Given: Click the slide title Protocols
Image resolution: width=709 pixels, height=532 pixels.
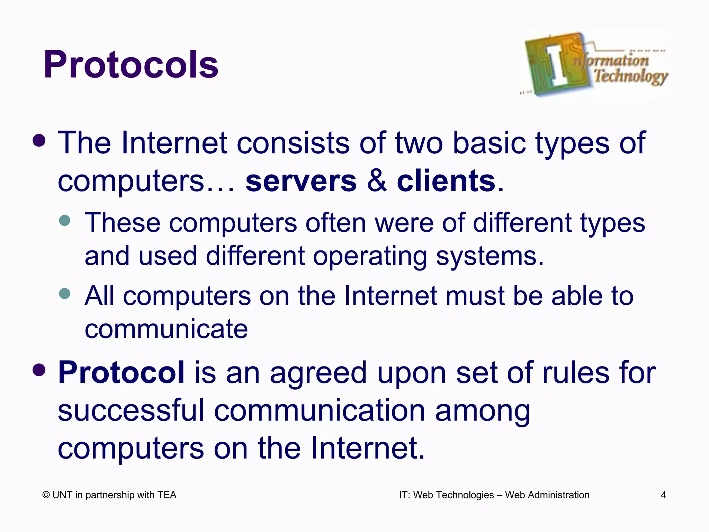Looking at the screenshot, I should pyautogui.click(x=131, y=65).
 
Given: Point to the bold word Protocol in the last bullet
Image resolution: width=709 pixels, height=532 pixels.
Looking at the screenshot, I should pyautogui.click(x=121, y=373).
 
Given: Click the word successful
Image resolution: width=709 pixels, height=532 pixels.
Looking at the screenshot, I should pyautogui.click(x=131, y=411).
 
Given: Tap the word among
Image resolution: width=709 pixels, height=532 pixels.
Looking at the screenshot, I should pyautogui.click(x=483, y=411).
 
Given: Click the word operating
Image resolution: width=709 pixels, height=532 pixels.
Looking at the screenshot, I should pyautogui.click(x=370, y=256).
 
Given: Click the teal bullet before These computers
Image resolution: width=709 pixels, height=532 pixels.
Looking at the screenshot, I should pyautogui.click(x=65, y=220).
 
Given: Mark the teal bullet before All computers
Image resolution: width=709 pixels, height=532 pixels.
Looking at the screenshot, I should pyautogui.click(x=65, y=294).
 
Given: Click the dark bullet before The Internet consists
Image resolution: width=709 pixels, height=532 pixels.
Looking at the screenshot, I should pyautogui.click(x=39, y=140).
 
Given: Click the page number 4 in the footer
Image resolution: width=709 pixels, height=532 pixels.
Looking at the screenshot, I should pyautogui.click(x=663, y=495).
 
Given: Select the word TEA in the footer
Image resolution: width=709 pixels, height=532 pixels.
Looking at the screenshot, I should pyautogui.click(x=167, y=495).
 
